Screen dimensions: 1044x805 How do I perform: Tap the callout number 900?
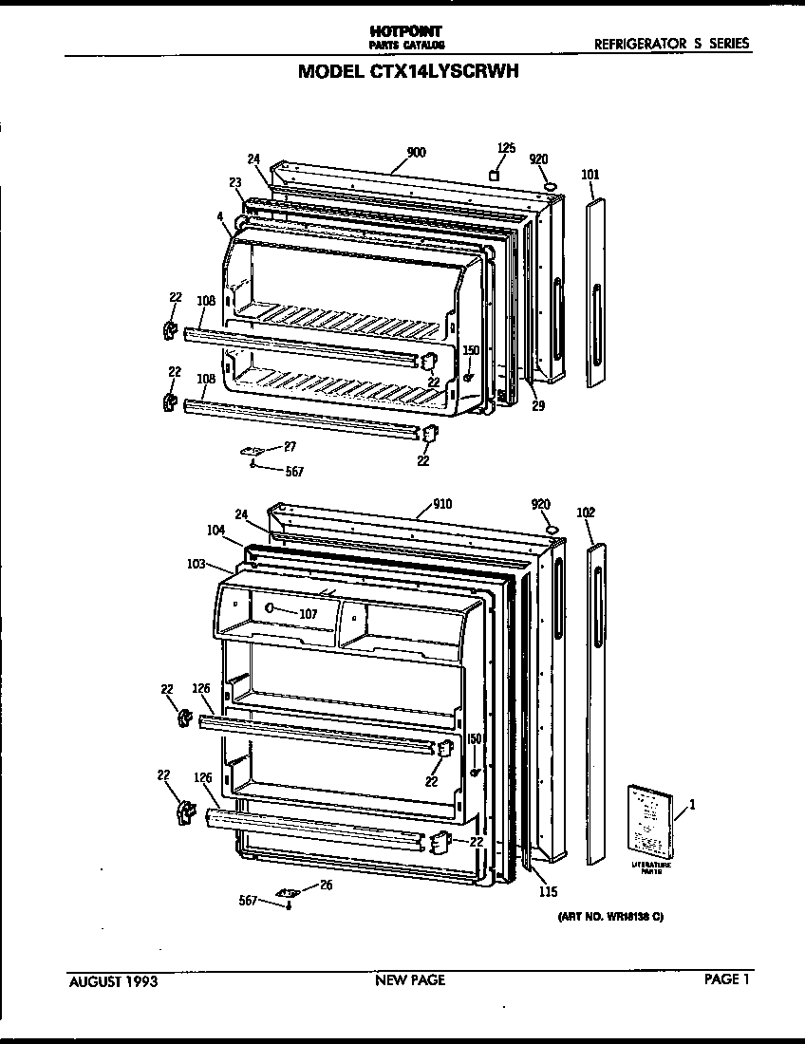pos(415,153)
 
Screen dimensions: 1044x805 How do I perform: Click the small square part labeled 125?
pos(495,175)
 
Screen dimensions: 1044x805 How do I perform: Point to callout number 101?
pos(590,175)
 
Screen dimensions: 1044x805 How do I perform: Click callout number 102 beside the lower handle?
pos(586,513)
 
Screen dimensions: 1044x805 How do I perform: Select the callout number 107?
pos(308,613)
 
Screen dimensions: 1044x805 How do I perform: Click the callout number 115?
pos(547,891)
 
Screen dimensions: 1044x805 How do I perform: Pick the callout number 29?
pos(537,406)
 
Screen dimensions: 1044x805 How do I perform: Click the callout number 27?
pos(290,446)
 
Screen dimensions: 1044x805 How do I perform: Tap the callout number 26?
pos(326,886)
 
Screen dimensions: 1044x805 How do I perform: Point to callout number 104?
pos(216,531)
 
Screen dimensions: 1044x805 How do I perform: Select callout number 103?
pos(196,564)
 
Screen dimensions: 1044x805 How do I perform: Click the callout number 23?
pos(235,181)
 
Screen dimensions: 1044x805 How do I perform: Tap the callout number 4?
pos(219,216)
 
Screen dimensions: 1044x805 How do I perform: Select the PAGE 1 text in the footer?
pos(726,980)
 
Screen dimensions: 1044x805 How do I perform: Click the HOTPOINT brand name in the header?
pos(405,31)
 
